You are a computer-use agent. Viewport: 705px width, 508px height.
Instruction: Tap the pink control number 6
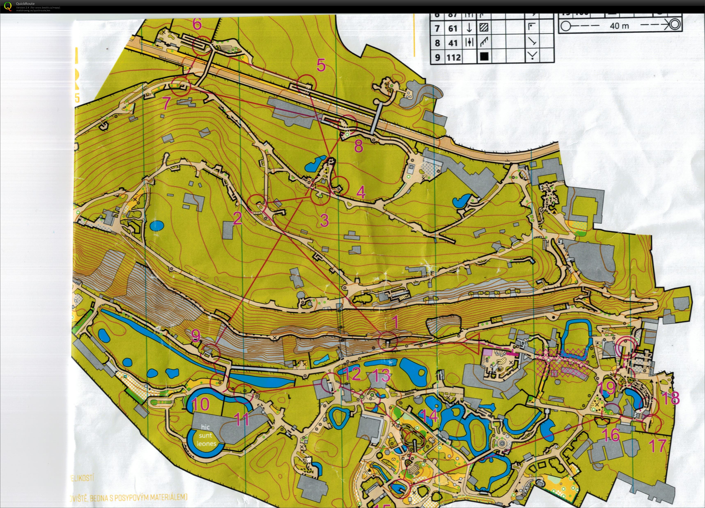click(197, 24)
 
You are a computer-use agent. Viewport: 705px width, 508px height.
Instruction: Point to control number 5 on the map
click(321, 66)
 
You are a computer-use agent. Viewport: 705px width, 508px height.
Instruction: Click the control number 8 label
click(359, 146)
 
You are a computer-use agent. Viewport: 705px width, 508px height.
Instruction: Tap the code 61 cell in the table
click(453, 29)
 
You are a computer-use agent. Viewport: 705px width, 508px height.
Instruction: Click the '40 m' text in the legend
click(619, 26)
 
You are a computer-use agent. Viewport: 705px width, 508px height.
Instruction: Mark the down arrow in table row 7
click(469, 28)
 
